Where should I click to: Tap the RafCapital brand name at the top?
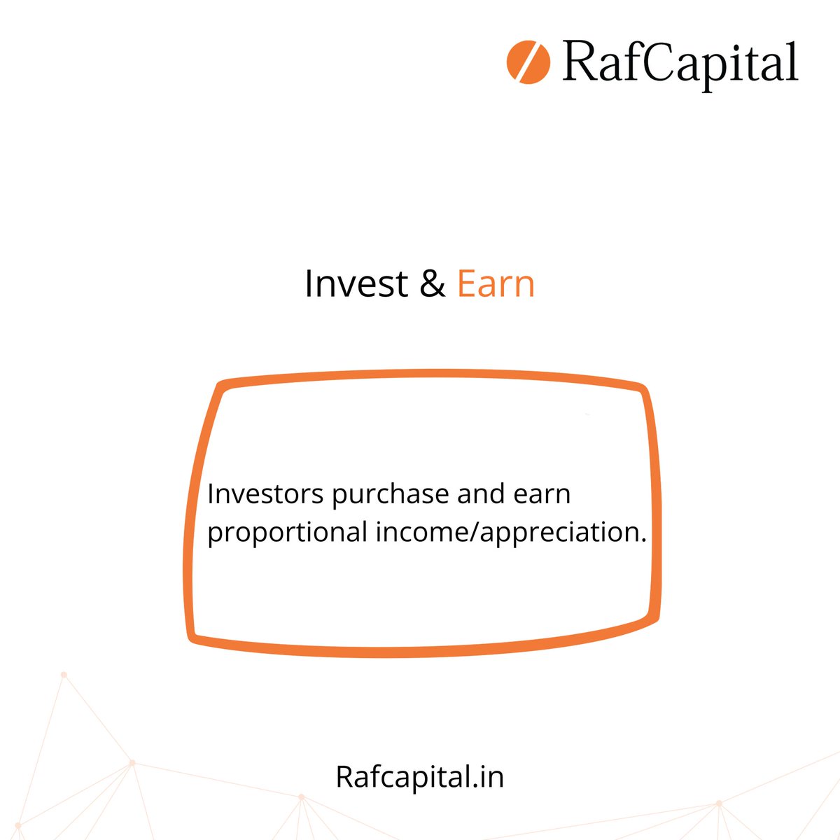pos(680,64)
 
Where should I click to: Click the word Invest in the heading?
pos(356,284)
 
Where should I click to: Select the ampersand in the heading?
pos(433,284)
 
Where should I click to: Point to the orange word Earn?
pos(496,284)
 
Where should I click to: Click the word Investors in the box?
pos(266,494)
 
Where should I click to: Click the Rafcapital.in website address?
pos(420,777)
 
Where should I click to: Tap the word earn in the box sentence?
pos(542,494)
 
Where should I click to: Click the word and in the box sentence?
pos(480,494)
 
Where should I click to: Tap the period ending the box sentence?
pos(643,540)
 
